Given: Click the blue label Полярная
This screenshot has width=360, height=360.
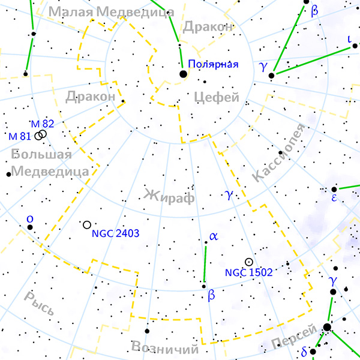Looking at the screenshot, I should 213,64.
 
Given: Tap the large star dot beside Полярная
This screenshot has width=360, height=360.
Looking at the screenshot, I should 183,74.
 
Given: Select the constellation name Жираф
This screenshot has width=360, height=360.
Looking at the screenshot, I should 170,195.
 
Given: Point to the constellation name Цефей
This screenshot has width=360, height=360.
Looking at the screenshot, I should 217,97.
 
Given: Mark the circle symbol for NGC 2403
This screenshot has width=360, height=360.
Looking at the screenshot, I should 87,224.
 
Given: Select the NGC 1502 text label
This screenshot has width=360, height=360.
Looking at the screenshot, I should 249,272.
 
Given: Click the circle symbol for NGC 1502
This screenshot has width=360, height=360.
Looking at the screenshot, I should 248,262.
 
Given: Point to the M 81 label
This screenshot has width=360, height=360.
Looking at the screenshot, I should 20,136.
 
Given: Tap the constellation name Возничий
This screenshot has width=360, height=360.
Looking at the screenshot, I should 164,349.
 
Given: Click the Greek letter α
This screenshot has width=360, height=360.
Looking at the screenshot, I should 213,236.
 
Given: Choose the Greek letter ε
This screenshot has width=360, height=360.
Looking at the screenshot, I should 334,198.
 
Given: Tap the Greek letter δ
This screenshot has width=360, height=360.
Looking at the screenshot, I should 304,351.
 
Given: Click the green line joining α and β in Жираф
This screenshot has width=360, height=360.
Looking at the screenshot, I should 205,263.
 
